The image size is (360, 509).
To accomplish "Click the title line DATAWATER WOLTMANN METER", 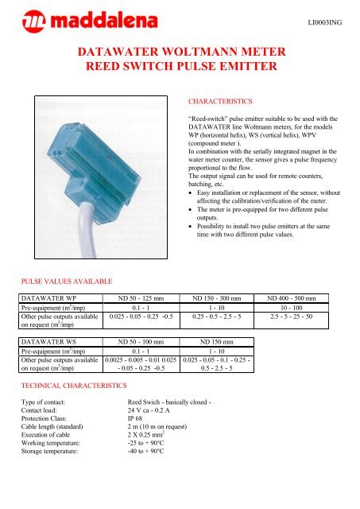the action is tap(180, 53).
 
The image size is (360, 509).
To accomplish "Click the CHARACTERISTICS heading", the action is tap(218, 103).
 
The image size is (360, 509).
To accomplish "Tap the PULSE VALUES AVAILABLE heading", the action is tap(66, 281).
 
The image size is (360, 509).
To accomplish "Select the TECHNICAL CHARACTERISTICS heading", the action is tap(73, 385).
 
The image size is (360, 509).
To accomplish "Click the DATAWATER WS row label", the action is tap(48, 348).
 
